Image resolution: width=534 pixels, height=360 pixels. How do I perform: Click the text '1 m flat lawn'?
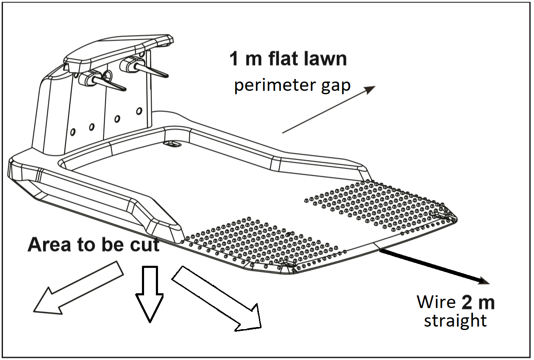(x=288, y=59)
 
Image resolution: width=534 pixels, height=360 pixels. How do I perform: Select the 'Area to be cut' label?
(x=93, y=245)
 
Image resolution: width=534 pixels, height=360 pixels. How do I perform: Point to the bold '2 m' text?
(x=478, y=303)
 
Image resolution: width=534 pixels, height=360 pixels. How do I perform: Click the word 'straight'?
(x=455, y=321)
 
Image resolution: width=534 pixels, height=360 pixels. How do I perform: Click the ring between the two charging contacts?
(x=108, y=76)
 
